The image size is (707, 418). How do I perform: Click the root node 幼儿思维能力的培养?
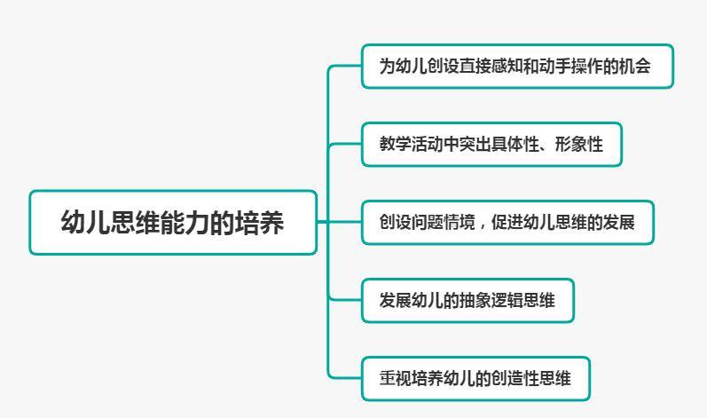(x=173, y=222)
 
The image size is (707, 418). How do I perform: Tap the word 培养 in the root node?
(x=260, y=222)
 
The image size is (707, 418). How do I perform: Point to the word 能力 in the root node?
(x=173, y=222)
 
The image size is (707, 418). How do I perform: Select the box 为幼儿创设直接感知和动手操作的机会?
(x=517, y=67)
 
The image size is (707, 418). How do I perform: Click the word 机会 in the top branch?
(x=635, y=67)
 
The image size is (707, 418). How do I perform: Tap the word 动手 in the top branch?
(x=554, y=67)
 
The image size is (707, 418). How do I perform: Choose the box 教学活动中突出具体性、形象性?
(x=491, y=145)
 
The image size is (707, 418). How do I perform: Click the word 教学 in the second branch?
(x=395, y=145)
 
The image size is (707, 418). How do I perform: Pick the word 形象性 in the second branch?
(x=579, y=145)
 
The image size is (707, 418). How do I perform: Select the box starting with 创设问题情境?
(x=507, y=222)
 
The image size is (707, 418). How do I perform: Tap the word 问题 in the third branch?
(x=427, y=222)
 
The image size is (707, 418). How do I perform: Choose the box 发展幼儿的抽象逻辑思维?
(x=467, y=300)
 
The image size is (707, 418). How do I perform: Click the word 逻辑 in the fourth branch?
(x=507, y=300)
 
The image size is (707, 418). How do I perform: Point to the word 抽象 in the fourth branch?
(x=475, y=300)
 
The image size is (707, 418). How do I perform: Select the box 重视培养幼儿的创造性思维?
(x=475, y=378)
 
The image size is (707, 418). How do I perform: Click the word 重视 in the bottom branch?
(x=395, y=378)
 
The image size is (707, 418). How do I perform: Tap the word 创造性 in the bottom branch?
(x=515, y=378)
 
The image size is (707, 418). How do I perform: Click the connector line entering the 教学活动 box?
(x=345, y=145)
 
